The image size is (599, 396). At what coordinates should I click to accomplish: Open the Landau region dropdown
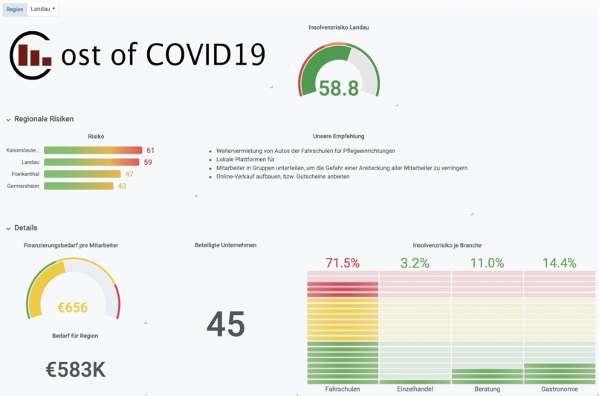click(43, 9)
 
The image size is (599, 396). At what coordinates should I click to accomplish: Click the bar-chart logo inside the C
click(34, 56)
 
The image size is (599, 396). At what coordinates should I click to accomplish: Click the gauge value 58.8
click(339, 88)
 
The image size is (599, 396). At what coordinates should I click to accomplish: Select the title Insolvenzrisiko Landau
click(339, 27)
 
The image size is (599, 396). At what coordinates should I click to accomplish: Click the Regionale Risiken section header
click(44, 119)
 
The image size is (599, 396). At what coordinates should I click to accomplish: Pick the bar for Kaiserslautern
click(93, 151)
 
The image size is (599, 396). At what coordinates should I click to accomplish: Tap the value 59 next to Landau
click(148, 163)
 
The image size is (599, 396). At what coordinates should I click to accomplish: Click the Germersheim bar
click(79, 186)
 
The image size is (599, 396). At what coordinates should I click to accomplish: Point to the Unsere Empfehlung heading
click(339, 137)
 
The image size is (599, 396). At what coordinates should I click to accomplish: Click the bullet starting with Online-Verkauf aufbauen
click(282, 177)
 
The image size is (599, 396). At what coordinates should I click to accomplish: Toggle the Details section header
click(25, 228)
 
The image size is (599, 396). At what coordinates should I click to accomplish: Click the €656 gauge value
click(73, 308)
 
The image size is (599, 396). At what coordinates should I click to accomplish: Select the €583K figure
click(75, 369)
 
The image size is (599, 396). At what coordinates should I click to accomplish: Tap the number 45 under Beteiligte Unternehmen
click(226, 324)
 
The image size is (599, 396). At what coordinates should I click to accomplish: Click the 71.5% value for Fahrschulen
click(343, 263)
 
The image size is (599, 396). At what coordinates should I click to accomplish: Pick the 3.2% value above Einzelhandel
click(415, 263)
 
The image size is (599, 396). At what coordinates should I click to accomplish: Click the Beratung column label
click(487, 389)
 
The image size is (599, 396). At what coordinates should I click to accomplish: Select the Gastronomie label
click(559, 389)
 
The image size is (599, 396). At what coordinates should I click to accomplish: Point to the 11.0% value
click(487, 263)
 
